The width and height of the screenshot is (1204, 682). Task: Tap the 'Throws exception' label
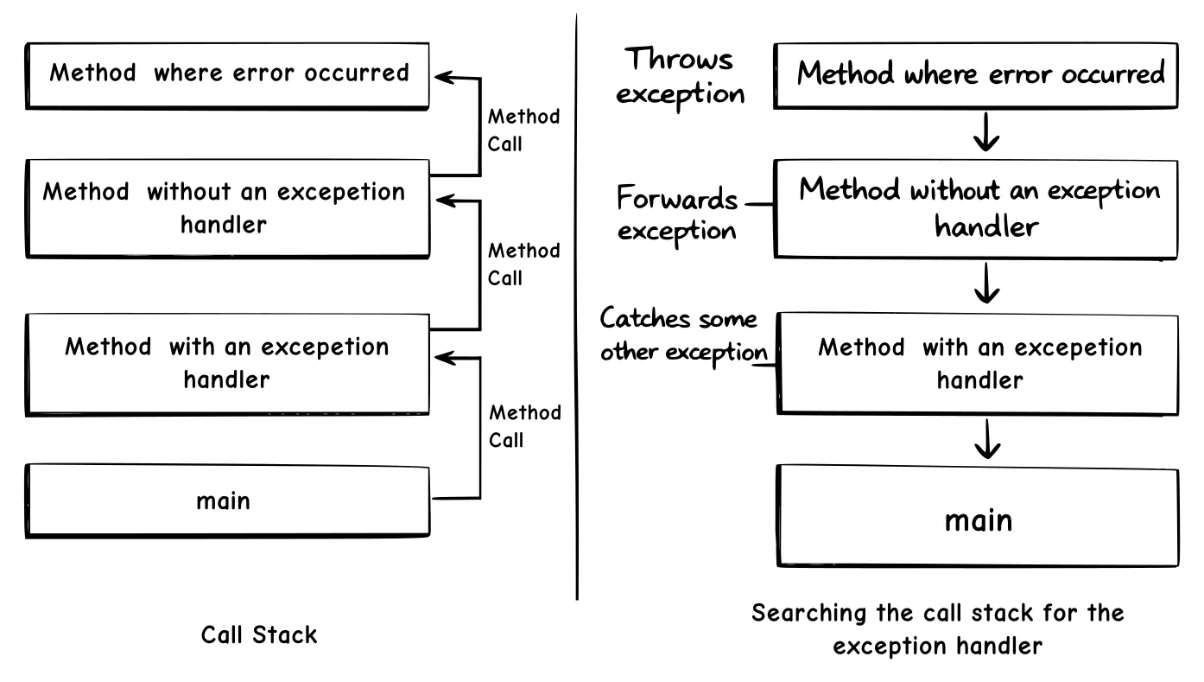pyautogui.click(x=681, y=76)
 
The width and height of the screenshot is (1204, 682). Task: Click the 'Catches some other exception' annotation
pyautogui.click(x=683, y=335)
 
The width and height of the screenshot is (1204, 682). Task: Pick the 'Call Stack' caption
pyautogui.click(x=259, y=635)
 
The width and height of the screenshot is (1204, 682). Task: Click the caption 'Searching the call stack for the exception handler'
pyautogui.click(x=937, y=628)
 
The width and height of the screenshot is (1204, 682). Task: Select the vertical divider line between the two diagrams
pyautogui.click(x=576, y=303)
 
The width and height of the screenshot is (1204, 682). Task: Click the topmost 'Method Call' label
pyautogui.click(x=523, y=130)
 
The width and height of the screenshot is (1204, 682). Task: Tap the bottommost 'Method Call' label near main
pyautogui.click(x=523, y=426)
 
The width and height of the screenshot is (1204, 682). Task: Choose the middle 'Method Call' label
pyautogui.click(x=523, y=265)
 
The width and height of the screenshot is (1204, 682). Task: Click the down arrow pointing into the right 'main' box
pyautogui.click(x=985, y=441)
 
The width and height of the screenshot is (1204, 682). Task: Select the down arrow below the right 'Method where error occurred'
pyautogui.click(x=985, y=135)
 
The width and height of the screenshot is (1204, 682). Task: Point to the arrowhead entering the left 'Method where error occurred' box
pyautogui.click(x=443, y=78)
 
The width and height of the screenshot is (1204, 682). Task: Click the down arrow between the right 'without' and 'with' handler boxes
pyautogui.click(x=985, y=284)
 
